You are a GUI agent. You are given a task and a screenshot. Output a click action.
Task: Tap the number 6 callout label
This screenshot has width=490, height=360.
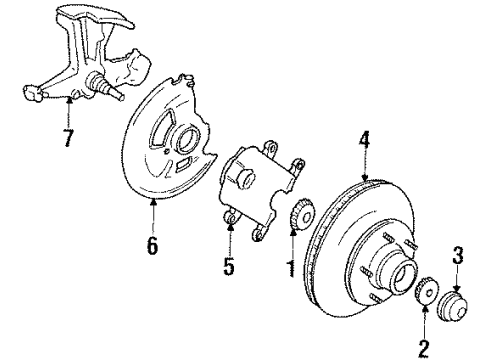[x=153, y=244]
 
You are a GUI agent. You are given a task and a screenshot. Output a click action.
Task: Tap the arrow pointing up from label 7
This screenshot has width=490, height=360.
[x=70, y=108]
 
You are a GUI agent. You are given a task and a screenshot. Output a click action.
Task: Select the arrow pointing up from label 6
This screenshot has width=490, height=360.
[x=153, y=212]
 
